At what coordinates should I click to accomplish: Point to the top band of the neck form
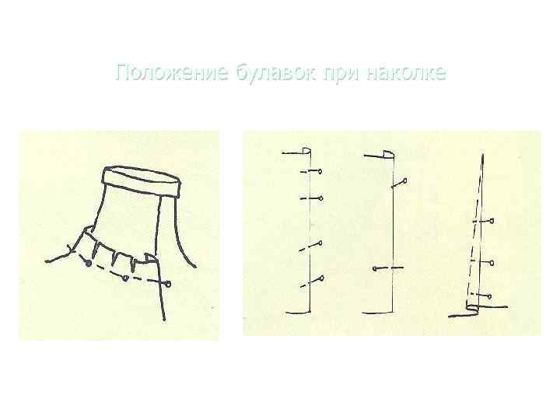pos(142,180)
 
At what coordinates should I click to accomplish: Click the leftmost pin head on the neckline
pos(89,264)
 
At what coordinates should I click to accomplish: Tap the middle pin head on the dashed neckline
pos(125,276)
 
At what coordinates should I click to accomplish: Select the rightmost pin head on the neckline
pos(167,285)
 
